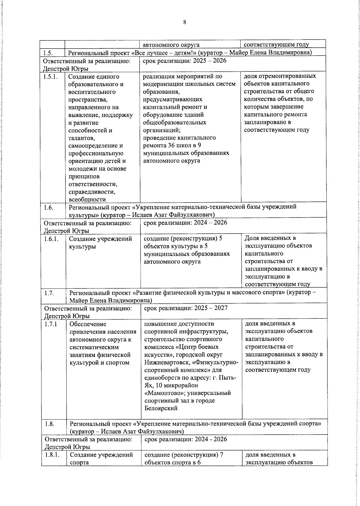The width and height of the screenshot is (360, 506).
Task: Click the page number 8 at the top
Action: point(184,22)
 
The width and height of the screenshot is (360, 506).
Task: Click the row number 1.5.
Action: point(48,53)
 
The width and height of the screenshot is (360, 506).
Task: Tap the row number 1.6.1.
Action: point(51,239)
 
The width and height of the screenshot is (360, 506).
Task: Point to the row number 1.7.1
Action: point(51,324)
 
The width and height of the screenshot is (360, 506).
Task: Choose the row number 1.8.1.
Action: point(52,455)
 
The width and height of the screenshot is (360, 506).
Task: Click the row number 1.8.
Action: point(49,424)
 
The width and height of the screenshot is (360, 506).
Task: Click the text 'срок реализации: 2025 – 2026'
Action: point(184,61)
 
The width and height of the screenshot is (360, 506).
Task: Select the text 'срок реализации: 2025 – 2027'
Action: point(186,308)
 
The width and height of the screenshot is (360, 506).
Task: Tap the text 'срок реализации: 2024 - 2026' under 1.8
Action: point(186,439)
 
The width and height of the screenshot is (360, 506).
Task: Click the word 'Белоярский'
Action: point(161,408)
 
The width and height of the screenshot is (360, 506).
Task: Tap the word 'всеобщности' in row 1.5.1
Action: point(87,200)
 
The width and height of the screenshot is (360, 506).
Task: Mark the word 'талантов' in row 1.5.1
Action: point(82,138)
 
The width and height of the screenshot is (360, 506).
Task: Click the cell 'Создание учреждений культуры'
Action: point(100,242)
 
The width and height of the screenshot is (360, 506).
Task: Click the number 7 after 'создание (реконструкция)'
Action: point(221,454)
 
